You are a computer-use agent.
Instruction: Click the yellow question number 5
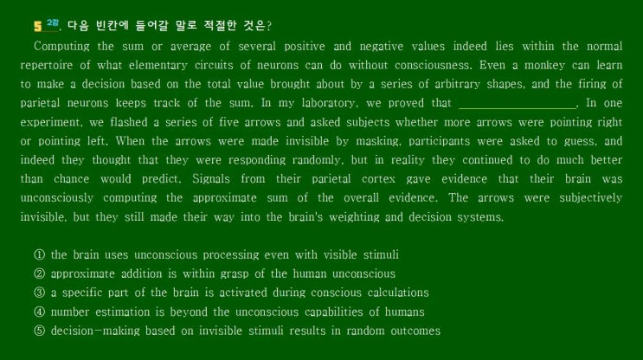tap(38, 26)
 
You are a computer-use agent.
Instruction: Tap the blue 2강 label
tap(53, 23)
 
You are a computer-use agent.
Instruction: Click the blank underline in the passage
tap(518, 108)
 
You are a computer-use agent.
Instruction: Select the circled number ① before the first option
tap(39, 254)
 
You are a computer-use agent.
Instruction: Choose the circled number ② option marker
tap(39, 273)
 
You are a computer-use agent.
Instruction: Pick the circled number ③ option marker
tap(39, 292)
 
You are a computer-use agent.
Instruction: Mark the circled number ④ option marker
tap(39, 312)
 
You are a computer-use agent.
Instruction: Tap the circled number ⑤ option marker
tap(39, 331)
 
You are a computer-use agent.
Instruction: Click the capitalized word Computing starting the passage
tap(61, 47)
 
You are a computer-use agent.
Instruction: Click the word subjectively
tap(591, 198)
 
